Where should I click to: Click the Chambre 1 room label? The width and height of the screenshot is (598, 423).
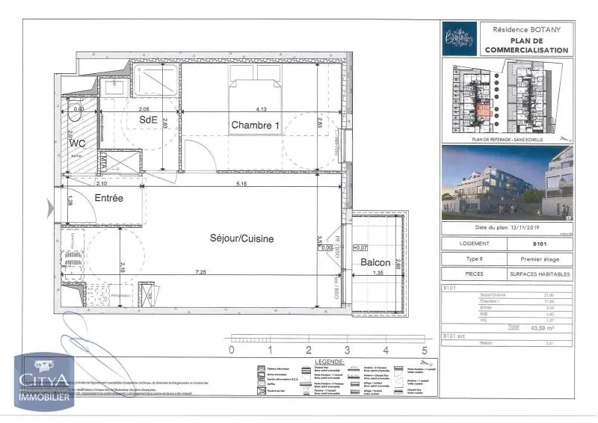pyautogui.click(x=255, y=125)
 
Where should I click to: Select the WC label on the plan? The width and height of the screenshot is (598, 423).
pyautogui.click(x=77, y=143)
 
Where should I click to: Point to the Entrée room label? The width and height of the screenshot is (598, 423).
pyautogui.click(x=108, y=197)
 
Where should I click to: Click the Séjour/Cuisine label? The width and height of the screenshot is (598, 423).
pyautogui.click(x=241, y=238)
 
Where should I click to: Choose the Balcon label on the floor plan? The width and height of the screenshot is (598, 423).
pyautogui.click(x=374, y=262)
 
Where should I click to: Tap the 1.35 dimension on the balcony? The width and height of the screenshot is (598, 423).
pyautogui.click(x=377, y=274)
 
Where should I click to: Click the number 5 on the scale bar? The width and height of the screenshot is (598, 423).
pyautogui.click(x=424, y=349)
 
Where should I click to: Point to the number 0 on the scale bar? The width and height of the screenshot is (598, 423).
pyautogui.click(x=232, y=349)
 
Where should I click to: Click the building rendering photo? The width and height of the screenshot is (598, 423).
pyautogui.click(x=507, y=183)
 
